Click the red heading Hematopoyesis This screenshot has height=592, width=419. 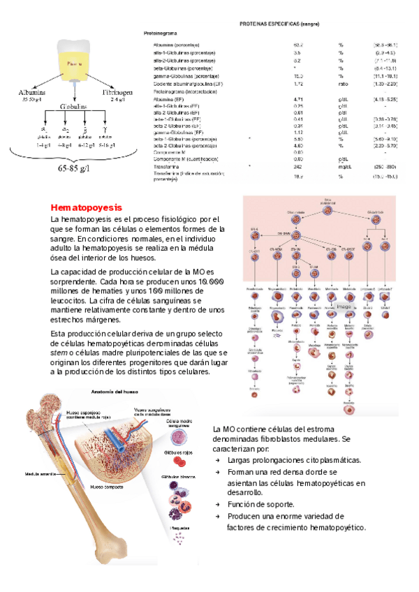point(86,207)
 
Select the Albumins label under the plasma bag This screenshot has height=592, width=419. point(31,92)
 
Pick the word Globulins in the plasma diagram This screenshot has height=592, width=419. point(73,108)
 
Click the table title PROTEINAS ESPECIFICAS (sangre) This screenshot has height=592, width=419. point(279,24)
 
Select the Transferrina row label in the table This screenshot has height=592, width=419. point(169,168)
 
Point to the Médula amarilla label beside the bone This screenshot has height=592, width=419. point(40,474)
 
